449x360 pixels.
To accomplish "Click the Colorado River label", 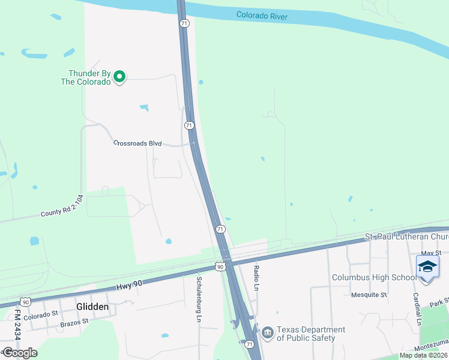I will [x=262, y=15].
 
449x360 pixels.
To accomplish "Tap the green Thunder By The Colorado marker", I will [x=119, y=76].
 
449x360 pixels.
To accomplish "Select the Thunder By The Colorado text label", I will [x=89, y=77].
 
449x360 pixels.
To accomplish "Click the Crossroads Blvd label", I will [x=138, y=143].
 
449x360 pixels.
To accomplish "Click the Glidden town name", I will [x=92, y=307].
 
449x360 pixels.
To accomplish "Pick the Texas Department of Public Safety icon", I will [x=267, y=331].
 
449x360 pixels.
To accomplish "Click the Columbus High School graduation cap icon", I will [x=427, y=267].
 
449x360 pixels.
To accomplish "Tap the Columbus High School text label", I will [x=373, y=277].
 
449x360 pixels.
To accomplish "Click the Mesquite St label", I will [x=369, y=295].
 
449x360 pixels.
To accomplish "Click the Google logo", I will [x=20, y=353].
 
